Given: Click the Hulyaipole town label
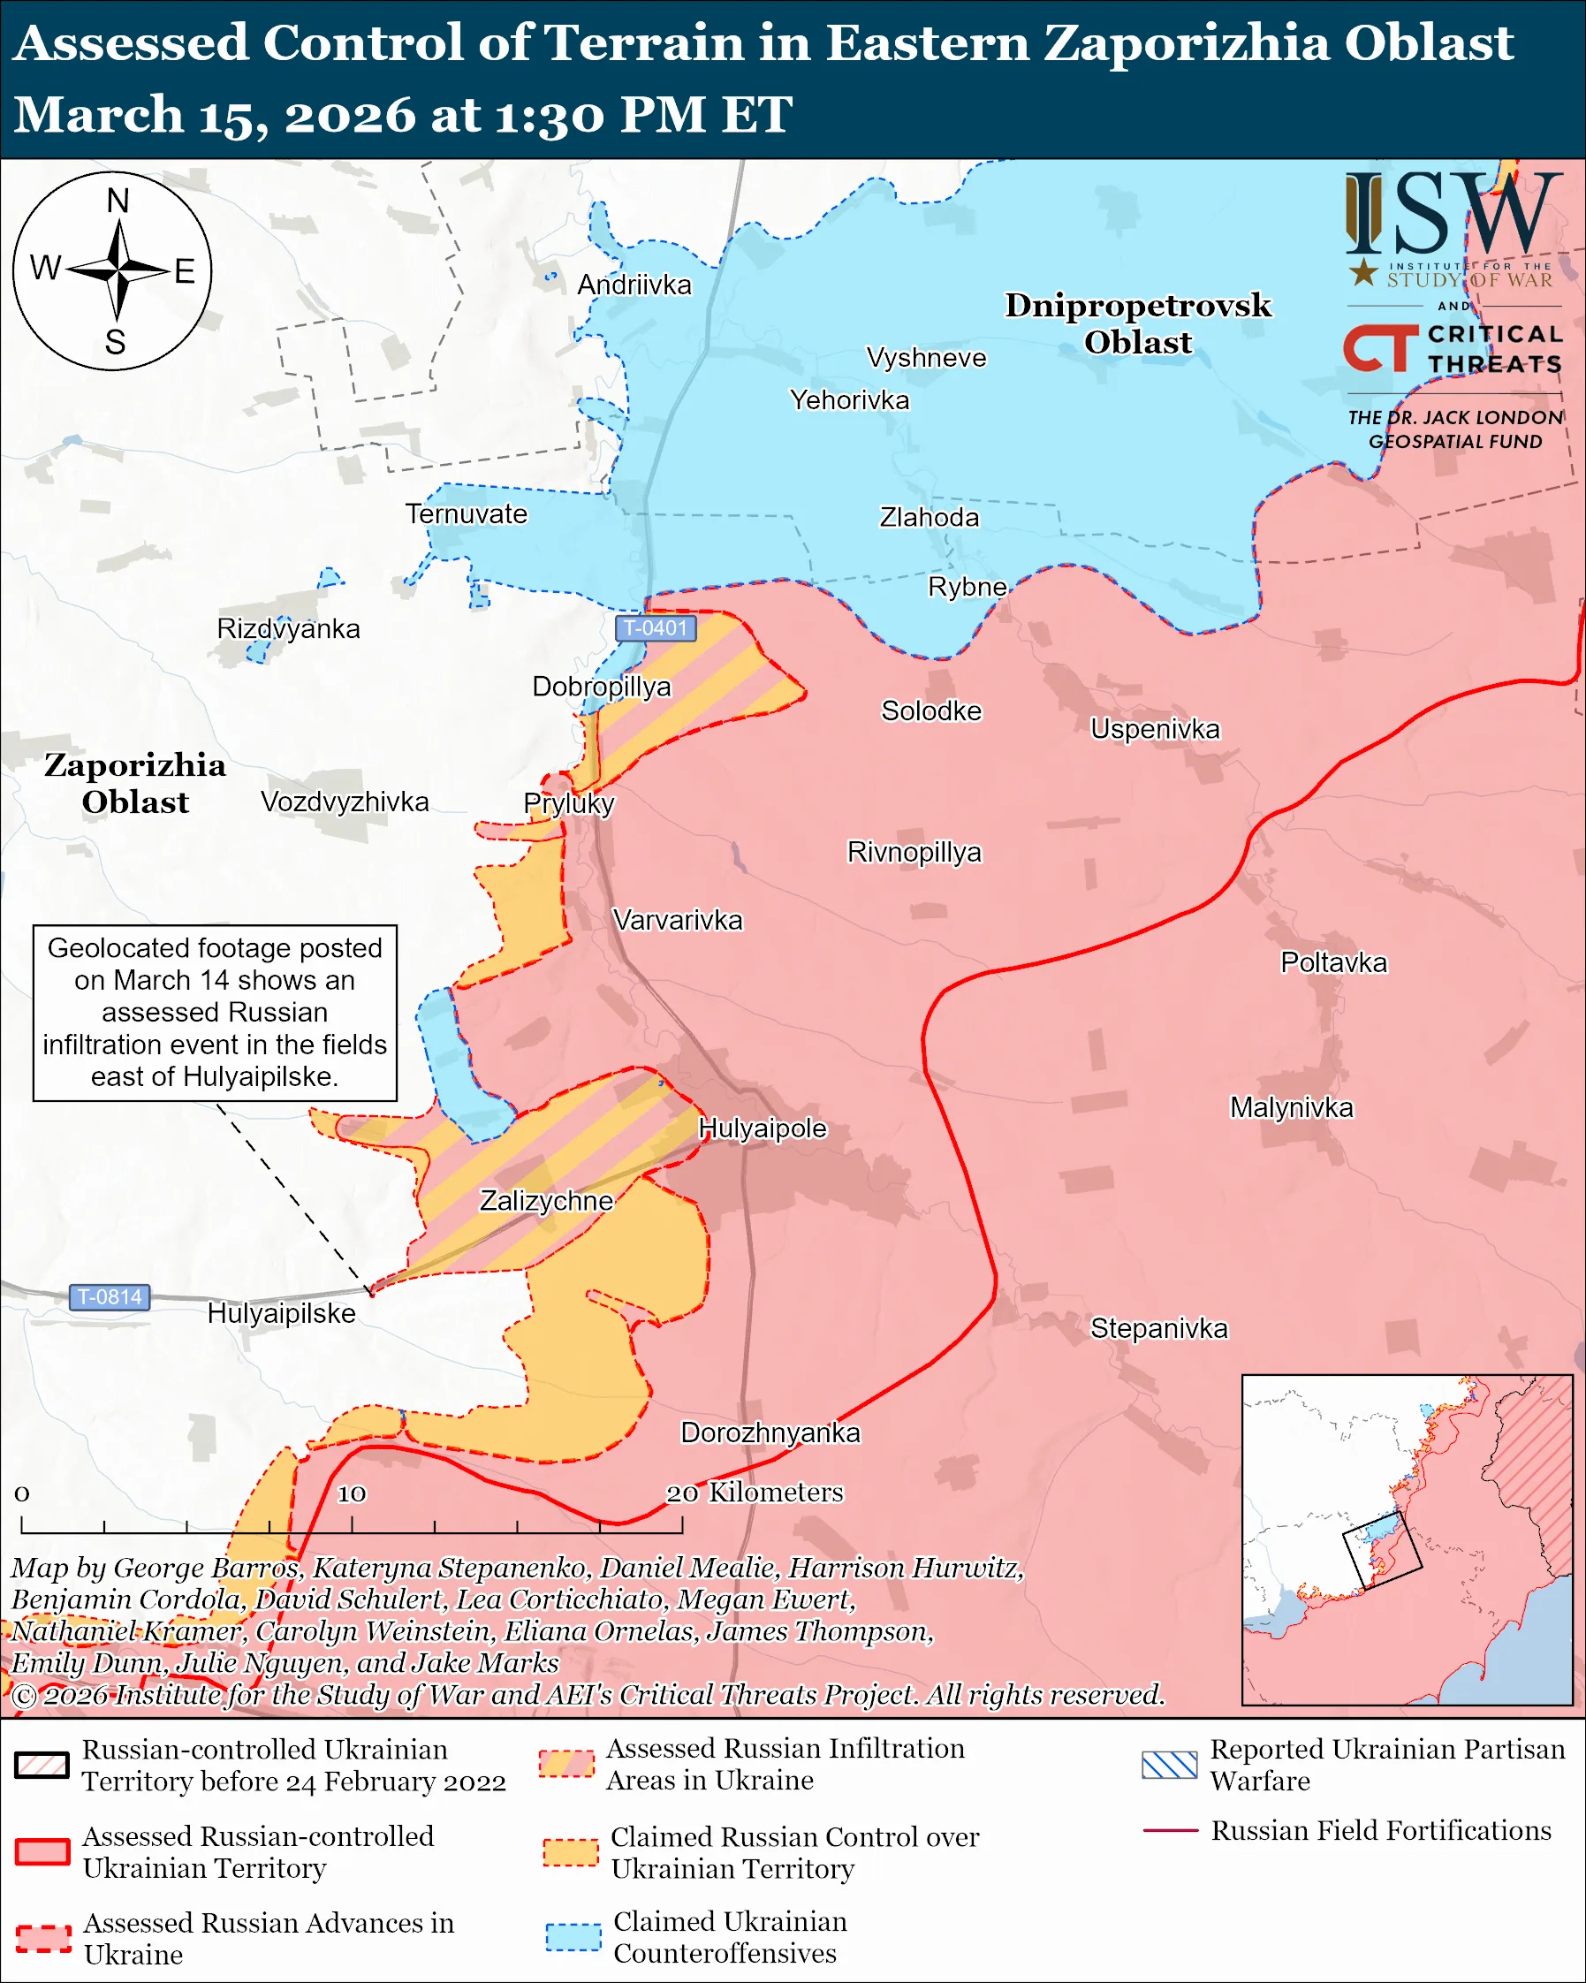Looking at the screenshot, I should [763, 1128].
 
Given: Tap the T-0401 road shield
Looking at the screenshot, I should [655, 628].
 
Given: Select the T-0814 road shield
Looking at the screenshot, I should [110, 1297].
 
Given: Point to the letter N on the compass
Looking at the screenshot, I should [118, 201].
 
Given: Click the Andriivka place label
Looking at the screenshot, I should [634, 285].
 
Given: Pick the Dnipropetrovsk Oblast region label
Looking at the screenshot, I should [1137, 323].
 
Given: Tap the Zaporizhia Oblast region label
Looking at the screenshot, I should [135, 783].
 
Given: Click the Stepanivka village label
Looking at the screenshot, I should [1158, 1328].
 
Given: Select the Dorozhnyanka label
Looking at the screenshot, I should [770, 1432].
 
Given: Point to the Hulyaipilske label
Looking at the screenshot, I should [281, 1312].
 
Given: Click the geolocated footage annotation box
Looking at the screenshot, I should [215, 1012].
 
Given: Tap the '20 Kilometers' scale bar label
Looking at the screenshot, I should [755, 1492].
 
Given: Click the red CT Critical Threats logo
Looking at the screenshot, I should [1379, 348].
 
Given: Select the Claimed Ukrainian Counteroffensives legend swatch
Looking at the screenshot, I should [573, 1936].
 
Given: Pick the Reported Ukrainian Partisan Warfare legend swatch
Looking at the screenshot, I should [1170, 1765].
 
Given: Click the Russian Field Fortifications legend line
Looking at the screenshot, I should [1170, 1830].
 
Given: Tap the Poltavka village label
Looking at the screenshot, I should [1333, 963].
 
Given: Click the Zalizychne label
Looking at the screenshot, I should [546, 1200].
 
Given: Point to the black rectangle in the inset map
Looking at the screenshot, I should [1382, 1550].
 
